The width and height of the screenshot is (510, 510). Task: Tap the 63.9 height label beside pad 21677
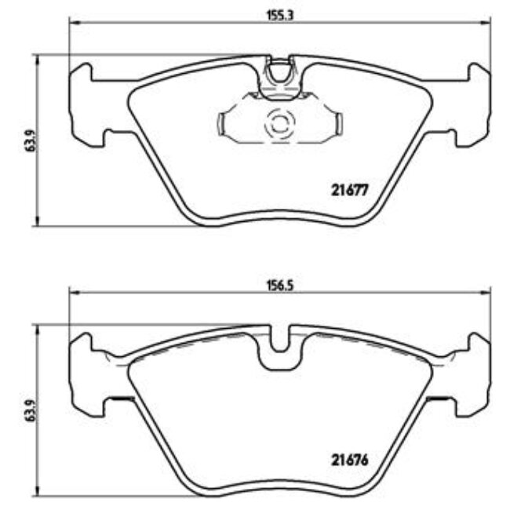point(31,141)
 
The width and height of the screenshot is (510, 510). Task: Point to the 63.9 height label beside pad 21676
point(31,411)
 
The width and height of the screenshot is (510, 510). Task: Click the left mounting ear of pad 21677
point(85,102)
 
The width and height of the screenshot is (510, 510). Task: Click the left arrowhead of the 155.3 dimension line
point(73,23)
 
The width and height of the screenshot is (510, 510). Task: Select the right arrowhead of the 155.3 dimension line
point(486,23)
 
